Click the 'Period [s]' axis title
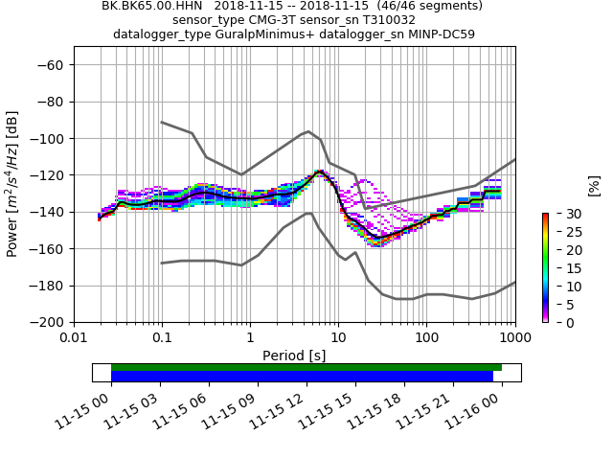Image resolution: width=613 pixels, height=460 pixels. pos(294,356)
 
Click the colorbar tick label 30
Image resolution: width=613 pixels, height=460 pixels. pos(563,213)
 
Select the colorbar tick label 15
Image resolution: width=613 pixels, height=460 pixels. pos(563,267)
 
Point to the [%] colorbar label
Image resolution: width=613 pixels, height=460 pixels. pos(594,185)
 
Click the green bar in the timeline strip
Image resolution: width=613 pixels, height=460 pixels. pos(306,367)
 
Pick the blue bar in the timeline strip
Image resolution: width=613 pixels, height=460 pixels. pos(302,377)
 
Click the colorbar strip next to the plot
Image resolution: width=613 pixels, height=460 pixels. pos(545,267)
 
